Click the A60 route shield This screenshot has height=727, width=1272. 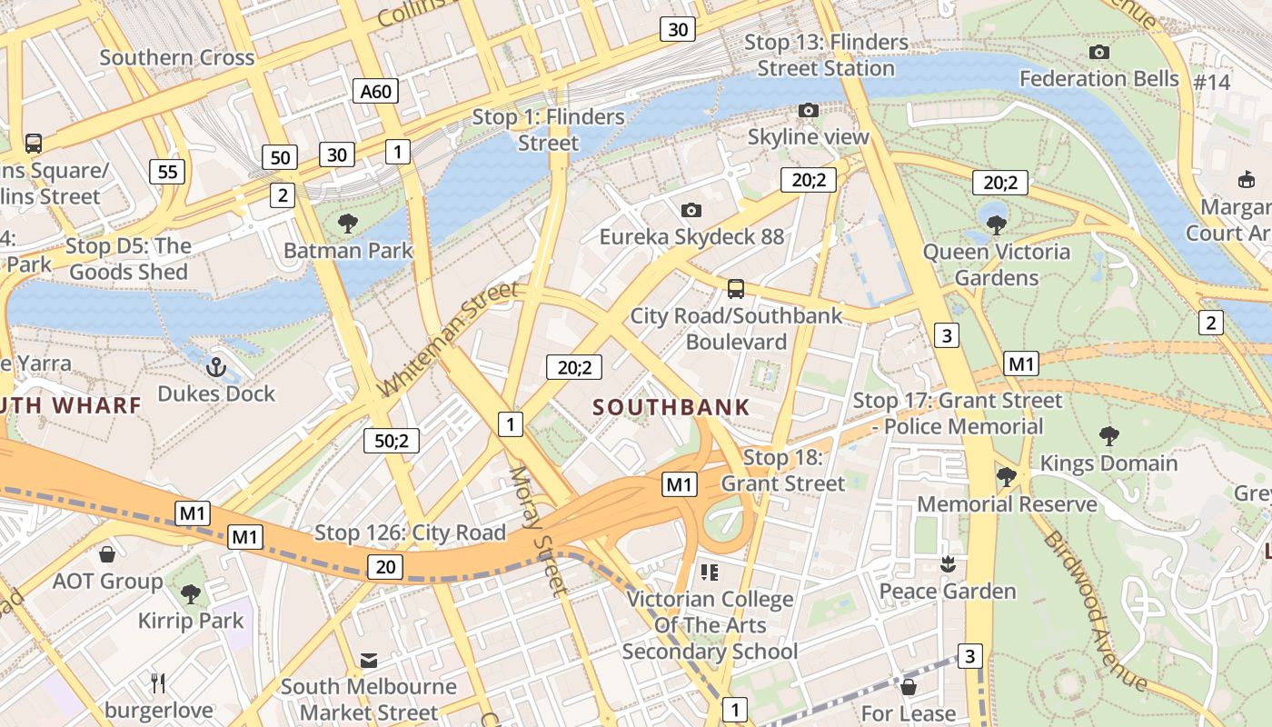(x=375, y=91)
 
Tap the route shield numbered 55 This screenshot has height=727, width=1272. (x=167, y=172)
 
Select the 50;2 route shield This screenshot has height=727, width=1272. (x=392, y=441)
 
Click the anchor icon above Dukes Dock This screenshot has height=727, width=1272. (x=216, y=367)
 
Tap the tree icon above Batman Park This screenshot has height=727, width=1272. (x=347, y=223)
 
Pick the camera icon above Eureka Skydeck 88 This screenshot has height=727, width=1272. (x=691, y=211)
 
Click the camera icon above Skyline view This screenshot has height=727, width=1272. (x=808, y=111)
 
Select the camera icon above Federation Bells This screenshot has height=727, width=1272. (x=1098, y=53)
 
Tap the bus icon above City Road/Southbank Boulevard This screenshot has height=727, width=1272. (x=736, y=289)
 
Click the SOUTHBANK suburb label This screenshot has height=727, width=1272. (x=671, y=407)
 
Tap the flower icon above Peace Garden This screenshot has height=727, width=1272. (x=948, y=564)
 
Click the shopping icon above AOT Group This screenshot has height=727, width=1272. (x=107, y=554)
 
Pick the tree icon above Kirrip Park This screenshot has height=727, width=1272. (x=190, y=594)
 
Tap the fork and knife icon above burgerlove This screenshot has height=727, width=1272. (x=158, y=682)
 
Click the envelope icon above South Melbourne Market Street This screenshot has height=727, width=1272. (x=369, y=660)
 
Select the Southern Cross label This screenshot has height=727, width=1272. (x=177, y=57)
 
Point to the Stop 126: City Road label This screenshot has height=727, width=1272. (x=410, y=533)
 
